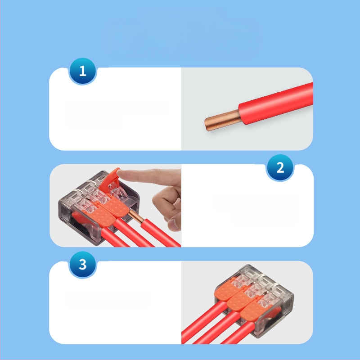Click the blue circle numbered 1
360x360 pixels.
[x=83, y=71]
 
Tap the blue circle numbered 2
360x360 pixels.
[x=280, y=167]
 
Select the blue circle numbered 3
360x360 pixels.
[x=83, y=265]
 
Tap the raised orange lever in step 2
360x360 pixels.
[x=110, y=181]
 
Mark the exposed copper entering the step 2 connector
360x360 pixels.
[x=136, y=216]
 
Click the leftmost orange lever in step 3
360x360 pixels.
[x=226, y=291]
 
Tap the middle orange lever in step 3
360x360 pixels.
[x=239, y=299]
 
